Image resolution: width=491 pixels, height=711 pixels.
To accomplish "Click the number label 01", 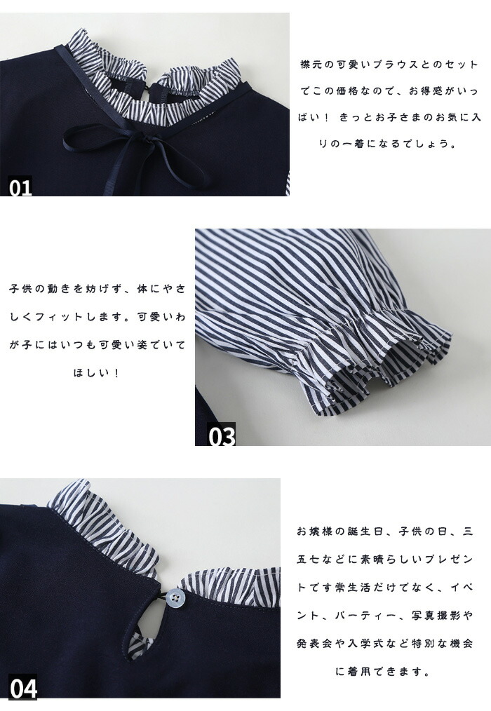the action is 21,187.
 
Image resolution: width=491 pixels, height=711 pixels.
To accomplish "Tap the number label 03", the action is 222,435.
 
